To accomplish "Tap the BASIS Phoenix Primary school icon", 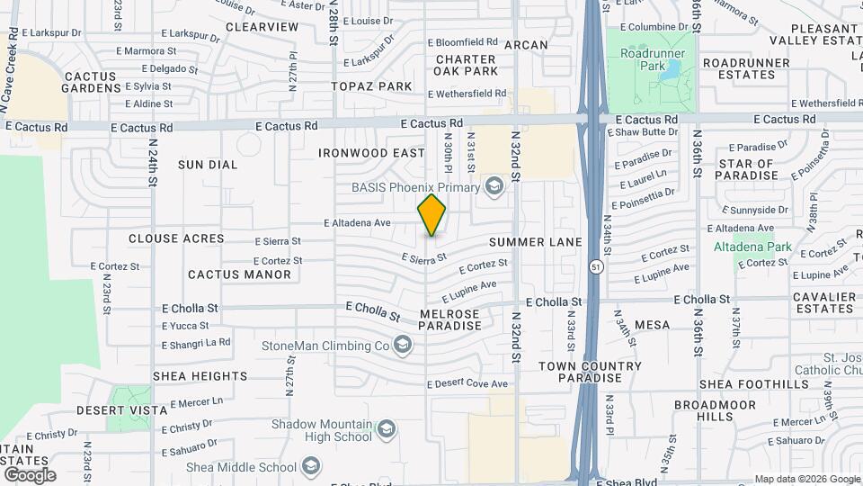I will point(493,187).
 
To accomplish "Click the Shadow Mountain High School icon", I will point(387,429).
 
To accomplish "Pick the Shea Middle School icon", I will point(311,466).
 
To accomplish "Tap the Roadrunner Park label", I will point(654,59).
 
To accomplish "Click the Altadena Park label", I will point(752,247).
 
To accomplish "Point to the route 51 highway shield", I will point(596,267).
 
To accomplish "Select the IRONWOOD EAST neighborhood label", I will point(370,153).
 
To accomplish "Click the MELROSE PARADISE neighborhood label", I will point(449,319).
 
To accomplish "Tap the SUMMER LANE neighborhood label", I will point(536,242).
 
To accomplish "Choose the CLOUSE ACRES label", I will point(175,238).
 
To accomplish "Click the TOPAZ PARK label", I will point(371,86).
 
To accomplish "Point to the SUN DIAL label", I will point(208,165).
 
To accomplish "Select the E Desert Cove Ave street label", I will point(467,383).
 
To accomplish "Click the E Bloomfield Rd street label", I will point(463,42).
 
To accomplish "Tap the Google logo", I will point(30,474).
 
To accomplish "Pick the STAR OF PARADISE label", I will point(748,168).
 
